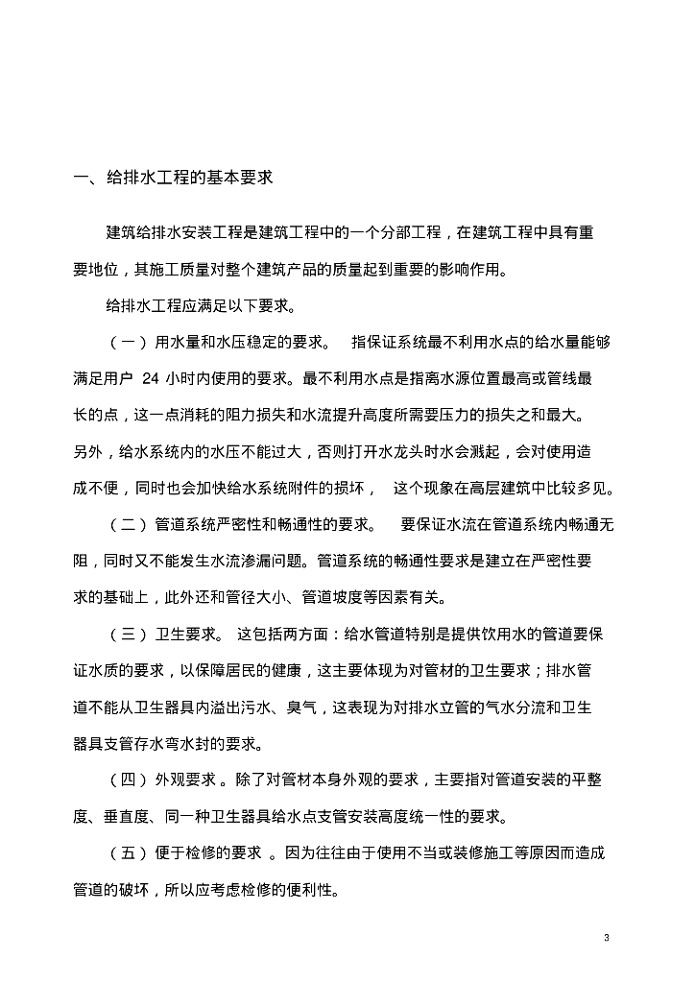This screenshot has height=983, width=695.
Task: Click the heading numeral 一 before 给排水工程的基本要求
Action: tap(82, 178)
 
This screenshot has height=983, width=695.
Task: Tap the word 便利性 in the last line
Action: tap(306, 889)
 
